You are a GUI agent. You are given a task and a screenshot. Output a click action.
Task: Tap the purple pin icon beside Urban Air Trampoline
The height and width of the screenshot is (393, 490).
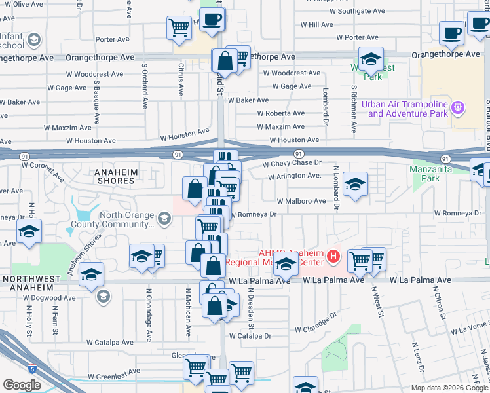pyautogui.click(x=459, y=106)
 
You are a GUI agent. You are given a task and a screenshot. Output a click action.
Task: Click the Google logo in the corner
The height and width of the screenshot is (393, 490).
pyautogui.click(x=22, y=384)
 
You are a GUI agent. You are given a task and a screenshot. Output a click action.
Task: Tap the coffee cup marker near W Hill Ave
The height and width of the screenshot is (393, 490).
pyautogui.click(x=452, y=33)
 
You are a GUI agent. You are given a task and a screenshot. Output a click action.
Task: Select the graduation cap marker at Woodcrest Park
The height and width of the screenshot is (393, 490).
pyautogui.click(x=371, y=60)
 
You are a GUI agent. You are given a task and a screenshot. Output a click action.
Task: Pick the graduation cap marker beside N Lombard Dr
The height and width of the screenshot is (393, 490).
pyautogui.click(x=355, y=184)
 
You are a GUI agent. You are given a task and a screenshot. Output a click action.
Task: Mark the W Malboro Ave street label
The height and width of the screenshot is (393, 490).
pyautogui.click(x=301, y=202)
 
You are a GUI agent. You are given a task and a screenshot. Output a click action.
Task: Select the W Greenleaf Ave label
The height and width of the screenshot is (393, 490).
pyautogui.click(x=115, y=371)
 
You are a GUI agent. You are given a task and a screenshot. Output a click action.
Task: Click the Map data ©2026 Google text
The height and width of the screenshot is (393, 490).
pyautogui.click(x=449, y=388)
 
